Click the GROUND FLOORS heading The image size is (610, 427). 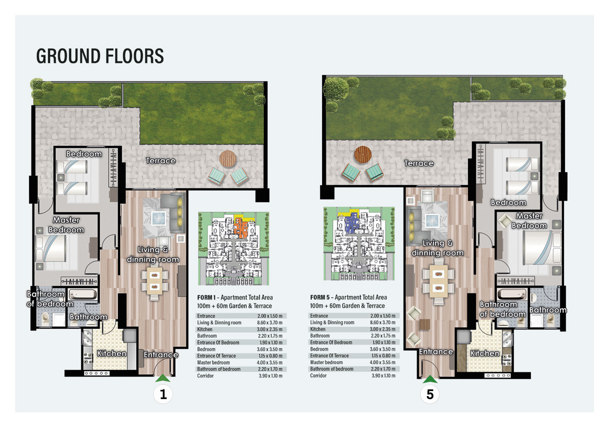(100, 56)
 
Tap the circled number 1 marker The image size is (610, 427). (164, 395)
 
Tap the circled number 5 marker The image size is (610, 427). (430, 395)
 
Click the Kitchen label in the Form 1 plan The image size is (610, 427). (111, 354)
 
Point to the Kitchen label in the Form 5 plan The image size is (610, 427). (485, 354)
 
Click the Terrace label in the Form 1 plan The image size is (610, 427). (160, 161)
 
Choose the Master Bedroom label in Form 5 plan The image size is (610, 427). (529, 221)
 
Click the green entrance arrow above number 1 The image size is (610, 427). (163, 378)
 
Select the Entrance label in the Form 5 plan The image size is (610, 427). (436, 352)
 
